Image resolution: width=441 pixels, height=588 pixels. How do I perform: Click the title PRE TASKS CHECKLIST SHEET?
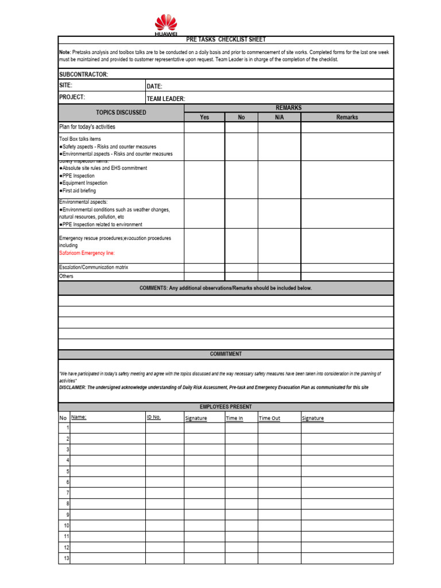tap(226, 39)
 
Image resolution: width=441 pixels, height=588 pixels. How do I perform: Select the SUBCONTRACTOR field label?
tap(84, 75)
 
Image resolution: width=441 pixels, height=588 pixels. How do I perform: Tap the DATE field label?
tap(154, 86)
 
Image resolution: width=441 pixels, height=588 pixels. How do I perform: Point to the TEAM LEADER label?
tap(165, 99)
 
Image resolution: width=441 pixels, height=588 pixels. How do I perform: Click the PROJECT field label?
tap(72, 97)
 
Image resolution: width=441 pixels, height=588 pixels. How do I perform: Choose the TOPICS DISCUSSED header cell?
tap(121, 113)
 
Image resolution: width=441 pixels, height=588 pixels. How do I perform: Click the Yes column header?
tap(204, 117)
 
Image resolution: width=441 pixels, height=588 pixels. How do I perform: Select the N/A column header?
tap(279, 117)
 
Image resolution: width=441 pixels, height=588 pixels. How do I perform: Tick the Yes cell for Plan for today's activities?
tap(204, 127)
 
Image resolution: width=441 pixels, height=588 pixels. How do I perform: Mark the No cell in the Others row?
tap(241, 276)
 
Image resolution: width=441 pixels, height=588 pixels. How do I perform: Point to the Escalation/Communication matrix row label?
tap(94, 268)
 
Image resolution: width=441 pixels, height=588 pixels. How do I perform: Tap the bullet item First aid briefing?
tap(79, 191)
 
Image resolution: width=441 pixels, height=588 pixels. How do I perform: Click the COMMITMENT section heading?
tap(226, 354)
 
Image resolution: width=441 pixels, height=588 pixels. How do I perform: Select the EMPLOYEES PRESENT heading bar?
tap(226, 407)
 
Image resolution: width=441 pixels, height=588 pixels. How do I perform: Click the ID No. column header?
tap(154, 417)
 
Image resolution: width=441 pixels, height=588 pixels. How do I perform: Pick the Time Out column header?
tap(269, 418)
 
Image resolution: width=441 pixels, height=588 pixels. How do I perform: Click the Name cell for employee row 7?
tap(107, 493)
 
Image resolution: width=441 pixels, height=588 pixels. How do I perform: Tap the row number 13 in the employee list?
tap(67, 558)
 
